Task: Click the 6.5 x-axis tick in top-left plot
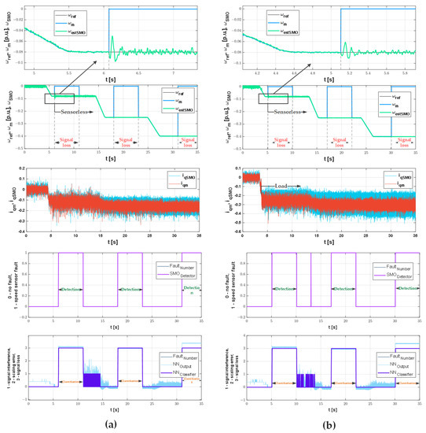click(140, 73)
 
